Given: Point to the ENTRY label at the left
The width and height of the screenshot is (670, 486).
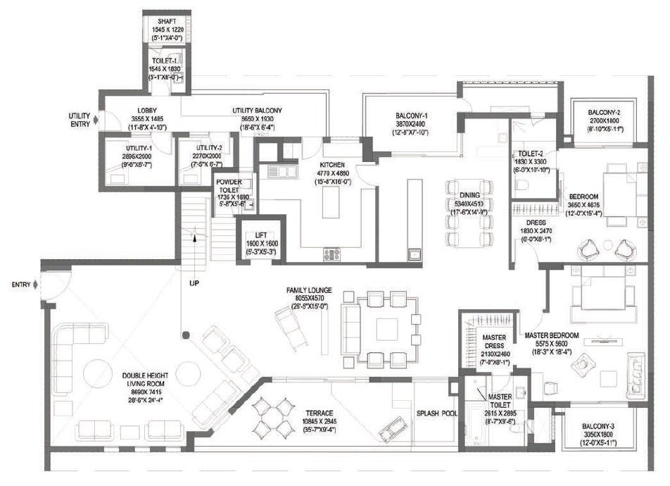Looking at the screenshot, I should tap(20, 285).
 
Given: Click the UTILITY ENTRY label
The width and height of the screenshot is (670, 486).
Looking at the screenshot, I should tap(79, 120).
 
